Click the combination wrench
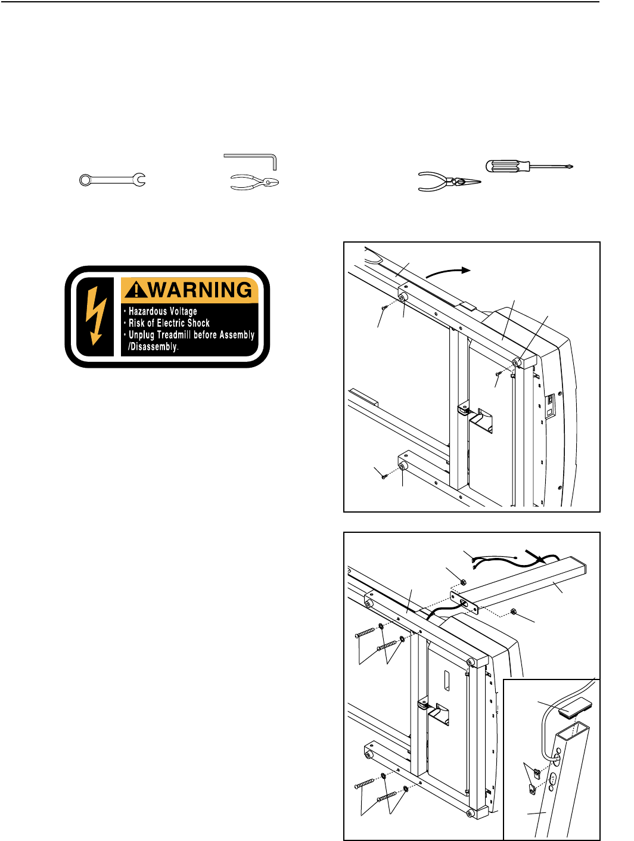pos(113,179)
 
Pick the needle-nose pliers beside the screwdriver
pos(448,182)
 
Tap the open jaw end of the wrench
pos(139,179)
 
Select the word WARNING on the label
pos(200,290)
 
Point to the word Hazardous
pos(148,311)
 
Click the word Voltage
pos(183,311)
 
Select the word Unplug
pos(142,335)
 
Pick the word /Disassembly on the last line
pos(153,347)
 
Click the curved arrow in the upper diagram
pos(448,271)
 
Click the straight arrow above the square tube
pos(534,556)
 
